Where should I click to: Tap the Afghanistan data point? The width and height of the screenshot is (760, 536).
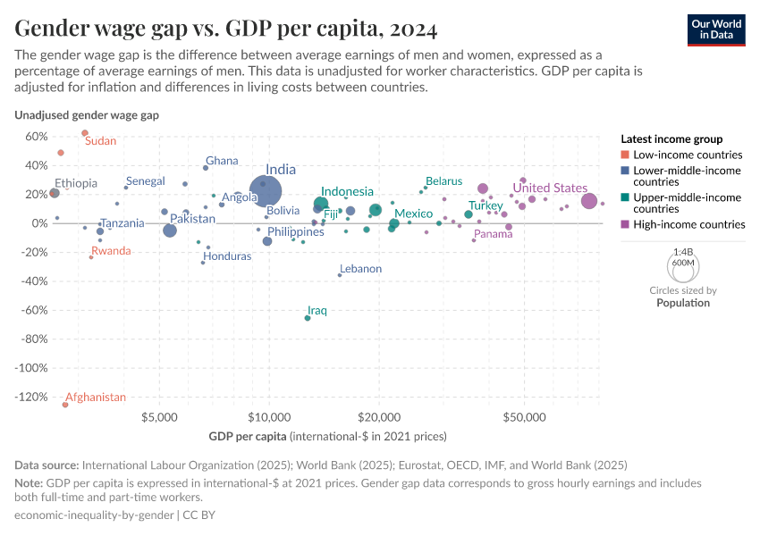[x=64, y=405]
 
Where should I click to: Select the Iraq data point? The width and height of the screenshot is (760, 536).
[x=308, y=318]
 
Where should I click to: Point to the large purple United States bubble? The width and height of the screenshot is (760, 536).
[x=589, y=201]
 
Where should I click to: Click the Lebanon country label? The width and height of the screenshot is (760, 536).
[x=360, y=269]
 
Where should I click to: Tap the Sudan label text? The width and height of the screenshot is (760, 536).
[x=100, y=141]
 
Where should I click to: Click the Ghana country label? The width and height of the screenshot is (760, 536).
[x=222, y=161]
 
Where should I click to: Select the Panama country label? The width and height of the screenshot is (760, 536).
[x=494, y=234]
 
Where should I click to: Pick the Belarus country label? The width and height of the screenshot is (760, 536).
[x=443, y=181]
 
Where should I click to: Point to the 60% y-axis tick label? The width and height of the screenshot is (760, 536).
[x=35, y=137]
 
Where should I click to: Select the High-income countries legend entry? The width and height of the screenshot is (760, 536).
[x=688, y=224]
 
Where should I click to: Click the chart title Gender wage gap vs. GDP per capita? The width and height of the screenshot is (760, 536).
[x=226, y=29]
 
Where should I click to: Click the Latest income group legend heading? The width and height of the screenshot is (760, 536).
[x=671, y=138]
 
